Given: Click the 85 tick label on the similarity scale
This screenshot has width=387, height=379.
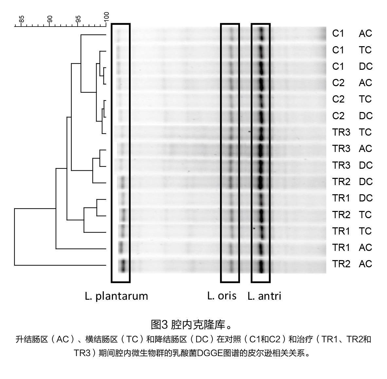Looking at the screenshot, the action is (22, 19).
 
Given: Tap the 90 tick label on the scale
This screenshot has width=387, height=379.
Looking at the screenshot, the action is (50, 19).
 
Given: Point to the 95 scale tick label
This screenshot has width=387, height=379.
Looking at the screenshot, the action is (78, 19).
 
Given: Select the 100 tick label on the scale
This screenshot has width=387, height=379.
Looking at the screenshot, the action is (106, 17).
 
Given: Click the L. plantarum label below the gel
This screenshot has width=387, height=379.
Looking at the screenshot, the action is (116, 296).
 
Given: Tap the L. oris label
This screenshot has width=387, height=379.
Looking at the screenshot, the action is (222, 295).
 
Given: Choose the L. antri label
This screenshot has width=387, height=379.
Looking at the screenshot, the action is (264, 296).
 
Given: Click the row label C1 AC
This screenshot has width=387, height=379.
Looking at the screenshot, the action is (352, 34).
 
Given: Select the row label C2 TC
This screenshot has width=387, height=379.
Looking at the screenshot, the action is (352, 99).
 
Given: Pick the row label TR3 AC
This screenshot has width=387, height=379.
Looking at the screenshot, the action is (352, 149).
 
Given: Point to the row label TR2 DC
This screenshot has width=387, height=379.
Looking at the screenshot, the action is (352, 182).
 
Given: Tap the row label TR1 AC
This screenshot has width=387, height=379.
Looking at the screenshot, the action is (352, 247).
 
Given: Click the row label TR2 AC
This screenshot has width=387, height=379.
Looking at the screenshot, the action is (352, 264).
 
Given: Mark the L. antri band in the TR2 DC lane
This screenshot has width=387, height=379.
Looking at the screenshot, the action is (261, 182).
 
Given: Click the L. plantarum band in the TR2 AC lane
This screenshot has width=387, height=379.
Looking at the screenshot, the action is (123, 266).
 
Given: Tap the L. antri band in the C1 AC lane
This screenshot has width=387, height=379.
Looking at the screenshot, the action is (262, 34).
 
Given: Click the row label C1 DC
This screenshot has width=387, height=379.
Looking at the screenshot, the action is (352, 66).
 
